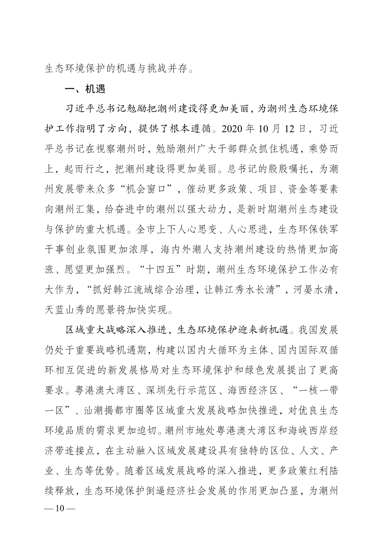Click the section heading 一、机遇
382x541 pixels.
click(86, 90)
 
